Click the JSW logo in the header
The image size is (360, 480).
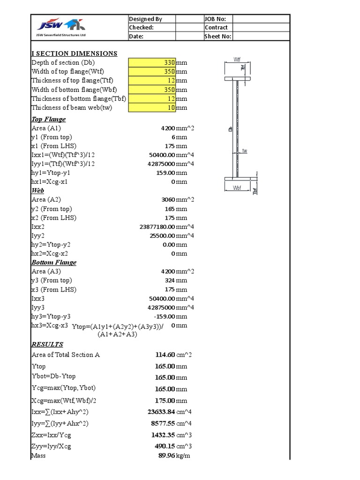point(58,25)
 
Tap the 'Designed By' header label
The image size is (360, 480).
point(145,19)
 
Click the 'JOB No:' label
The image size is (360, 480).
point(216,19)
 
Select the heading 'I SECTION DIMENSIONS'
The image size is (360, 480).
point(74,53)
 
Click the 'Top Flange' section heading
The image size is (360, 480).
point(48,120)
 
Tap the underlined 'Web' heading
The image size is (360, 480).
point(37,191)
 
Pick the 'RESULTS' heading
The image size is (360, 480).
point(47,345)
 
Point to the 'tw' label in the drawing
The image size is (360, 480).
point(244,151)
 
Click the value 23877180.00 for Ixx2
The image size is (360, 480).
point(157,226)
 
